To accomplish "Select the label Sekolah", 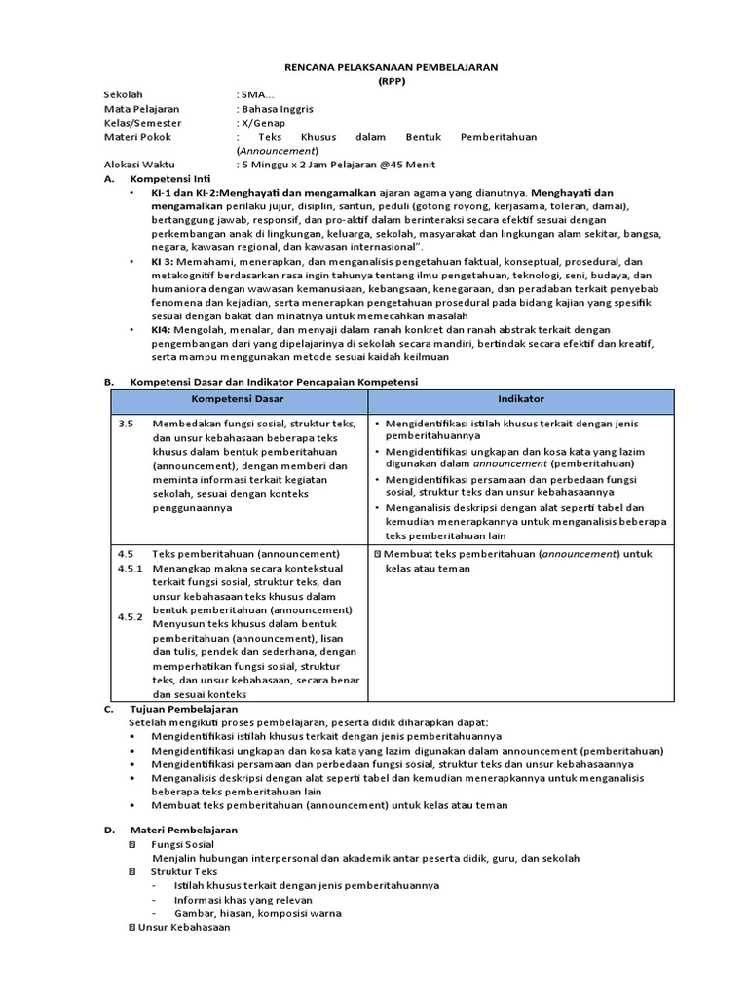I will pyautogui.click(x=122, y=94).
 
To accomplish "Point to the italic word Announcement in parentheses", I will pyautogui.click(x=277, y=151).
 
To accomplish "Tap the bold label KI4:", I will pyautogui.click(x=161, y=330).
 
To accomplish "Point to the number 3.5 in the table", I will pyautogui.click(x=125, y=425).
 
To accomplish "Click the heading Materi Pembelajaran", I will pyautogui.click(x=184, y=829).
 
